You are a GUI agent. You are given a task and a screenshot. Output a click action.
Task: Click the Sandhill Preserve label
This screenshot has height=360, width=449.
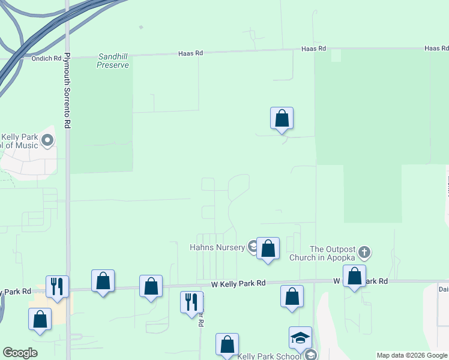113,61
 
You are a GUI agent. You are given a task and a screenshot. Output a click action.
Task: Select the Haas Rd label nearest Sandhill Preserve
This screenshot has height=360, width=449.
191,53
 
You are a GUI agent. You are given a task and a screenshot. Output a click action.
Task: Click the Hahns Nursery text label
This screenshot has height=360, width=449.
217,247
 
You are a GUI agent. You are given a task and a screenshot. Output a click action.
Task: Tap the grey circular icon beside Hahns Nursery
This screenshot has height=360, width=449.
253,247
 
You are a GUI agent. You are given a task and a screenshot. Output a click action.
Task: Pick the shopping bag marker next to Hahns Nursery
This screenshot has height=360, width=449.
268,248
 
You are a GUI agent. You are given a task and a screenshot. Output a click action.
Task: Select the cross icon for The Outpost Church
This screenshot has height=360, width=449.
365,251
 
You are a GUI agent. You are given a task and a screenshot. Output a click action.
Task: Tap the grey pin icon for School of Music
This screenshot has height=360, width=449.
47,141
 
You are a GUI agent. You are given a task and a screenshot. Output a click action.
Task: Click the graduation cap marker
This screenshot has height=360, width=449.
300,338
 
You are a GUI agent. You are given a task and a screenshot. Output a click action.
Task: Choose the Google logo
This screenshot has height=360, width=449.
20,353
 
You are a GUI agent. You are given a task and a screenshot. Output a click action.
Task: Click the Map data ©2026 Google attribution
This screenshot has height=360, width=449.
412,355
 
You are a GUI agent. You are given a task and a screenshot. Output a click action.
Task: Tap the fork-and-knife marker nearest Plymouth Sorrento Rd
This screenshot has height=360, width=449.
57,286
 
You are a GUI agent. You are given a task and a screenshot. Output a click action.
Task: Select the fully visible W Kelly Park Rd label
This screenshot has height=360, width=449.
238,283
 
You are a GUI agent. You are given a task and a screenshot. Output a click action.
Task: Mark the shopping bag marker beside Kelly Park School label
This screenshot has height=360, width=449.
227,344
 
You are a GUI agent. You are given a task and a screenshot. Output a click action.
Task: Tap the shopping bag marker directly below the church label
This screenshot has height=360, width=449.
354,277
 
